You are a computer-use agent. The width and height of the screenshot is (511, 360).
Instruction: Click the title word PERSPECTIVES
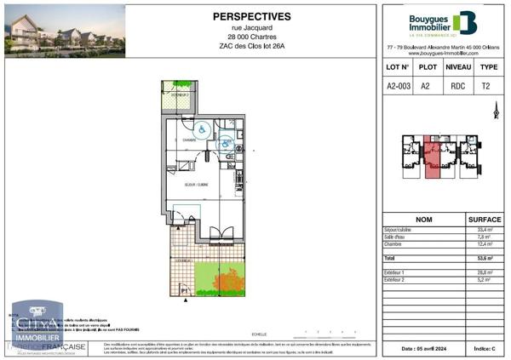tap(251, 16)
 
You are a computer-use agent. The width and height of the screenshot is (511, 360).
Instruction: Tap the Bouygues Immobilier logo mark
tap(465, 22)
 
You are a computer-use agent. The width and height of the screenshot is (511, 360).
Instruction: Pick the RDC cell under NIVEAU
tap(458, 86)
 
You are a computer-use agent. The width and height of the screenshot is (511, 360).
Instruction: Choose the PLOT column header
tap(428, 66)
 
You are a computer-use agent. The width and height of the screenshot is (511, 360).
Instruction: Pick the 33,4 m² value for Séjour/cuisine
tap(482, 230)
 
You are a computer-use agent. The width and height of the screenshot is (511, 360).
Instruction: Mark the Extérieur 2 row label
tap(397, 278)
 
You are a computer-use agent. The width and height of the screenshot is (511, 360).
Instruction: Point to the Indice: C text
tap(483, 349)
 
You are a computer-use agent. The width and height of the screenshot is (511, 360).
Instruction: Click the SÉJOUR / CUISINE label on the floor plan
tap(184, 184)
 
